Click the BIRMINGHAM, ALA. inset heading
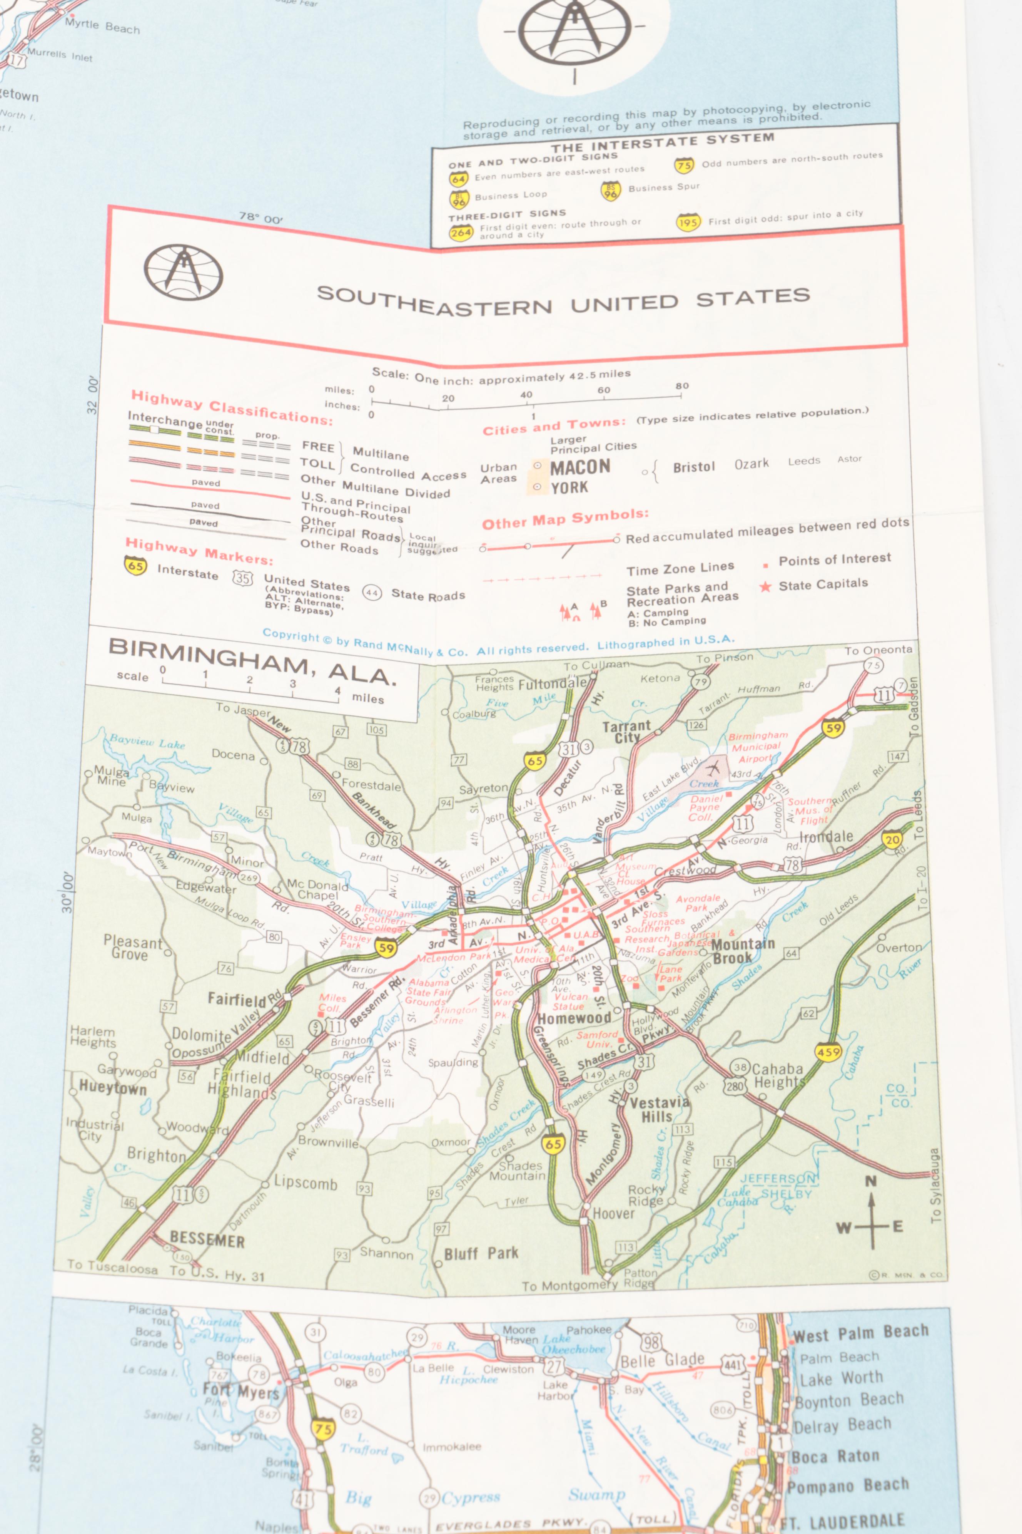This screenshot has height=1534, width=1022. (252, 660)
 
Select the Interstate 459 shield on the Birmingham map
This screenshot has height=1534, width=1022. (828, 1052)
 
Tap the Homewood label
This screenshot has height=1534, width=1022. (574, 1018)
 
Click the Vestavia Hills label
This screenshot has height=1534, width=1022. (658, 1109)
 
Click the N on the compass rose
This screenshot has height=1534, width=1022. (871, 1181)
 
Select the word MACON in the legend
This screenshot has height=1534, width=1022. (580, 467)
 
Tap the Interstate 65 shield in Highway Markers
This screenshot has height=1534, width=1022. (135, 566)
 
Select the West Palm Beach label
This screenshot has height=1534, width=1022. (860, 1334)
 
